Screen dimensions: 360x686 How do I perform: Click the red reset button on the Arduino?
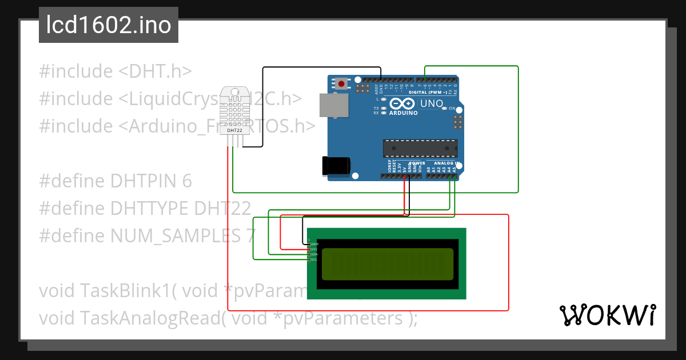coord(341,83)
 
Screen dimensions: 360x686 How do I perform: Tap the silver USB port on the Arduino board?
coord(333,106)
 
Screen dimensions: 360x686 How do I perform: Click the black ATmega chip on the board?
coord(420,148)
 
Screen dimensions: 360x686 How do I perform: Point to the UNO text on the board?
coord(432,104)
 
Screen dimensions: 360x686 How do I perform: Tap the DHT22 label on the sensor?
coord(234,130)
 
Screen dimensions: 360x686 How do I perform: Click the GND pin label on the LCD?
coord(314,244)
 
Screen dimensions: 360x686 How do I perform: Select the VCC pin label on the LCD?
coord(314,249)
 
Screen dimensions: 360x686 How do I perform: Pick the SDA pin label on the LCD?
coord(314,254)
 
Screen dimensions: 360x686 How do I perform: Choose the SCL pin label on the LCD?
coord(314,259)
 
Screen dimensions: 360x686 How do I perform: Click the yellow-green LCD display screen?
coord(387,264)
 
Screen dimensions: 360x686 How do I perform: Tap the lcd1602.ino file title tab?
coord(109,25)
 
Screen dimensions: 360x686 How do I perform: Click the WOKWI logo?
coord(607,315)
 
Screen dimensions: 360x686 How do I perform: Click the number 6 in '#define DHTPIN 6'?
coord(186,181)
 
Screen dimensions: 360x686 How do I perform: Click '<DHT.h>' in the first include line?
coord(155,71)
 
